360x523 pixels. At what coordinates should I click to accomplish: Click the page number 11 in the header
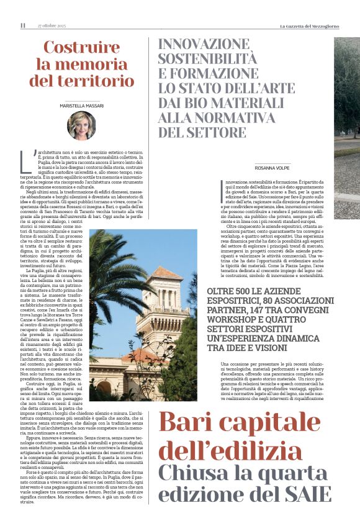(x=23, y=25)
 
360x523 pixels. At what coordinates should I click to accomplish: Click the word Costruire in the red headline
(x=81, y=48)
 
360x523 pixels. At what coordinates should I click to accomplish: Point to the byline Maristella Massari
(x=81, y=106)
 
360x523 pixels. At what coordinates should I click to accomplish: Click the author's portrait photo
(x=81, y=125)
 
